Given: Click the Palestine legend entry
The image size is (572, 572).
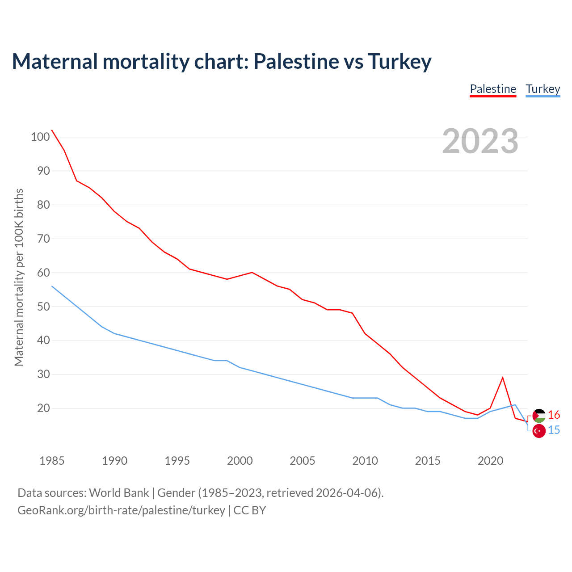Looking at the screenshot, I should [x=493, y=89].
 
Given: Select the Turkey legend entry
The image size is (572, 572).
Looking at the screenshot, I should [x=543, y=89].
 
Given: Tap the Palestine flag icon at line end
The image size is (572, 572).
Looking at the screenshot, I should [x=539, y=416].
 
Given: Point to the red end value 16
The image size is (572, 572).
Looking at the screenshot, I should [x=554, y=415].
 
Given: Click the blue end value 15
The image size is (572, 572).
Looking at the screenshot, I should [x=554, y=430].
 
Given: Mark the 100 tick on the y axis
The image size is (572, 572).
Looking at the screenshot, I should [x=40, y=137].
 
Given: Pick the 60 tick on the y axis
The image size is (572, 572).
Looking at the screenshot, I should [x=43, y=273].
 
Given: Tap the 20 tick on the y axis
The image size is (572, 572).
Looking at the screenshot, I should [x=43, y=408].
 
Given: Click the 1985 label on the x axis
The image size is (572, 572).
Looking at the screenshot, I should [x=52, y=461].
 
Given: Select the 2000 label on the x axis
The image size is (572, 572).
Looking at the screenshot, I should [x=240, y=461].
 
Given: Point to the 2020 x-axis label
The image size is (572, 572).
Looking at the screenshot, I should [x=491, y=461].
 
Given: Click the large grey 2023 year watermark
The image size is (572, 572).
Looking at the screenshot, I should [x=480, y=141].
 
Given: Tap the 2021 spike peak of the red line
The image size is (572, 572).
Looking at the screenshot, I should [x=503, y=378].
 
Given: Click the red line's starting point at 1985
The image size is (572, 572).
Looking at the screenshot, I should [x=52, y=130].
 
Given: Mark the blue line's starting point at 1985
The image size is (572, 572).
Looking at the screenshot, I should [x=52, y=286].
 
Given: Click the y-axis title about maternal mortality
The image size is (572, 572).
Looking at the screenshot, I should [x=19, y=277].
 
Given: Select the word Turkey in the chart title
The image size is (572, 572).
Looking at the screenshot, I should [x=400, y=61].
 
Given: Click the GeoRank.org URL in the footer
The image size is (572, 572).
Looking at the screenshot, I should [x=121, y=510].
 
